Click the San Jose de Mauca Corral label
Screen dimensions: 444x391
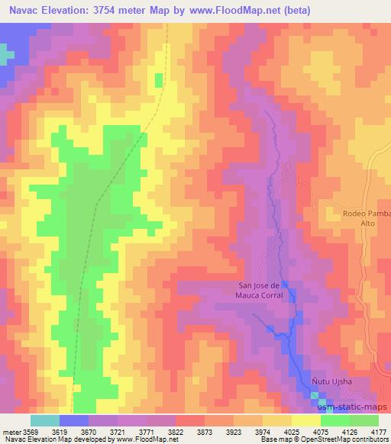[256, 291]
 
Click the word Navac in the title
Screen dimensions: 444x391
[24, 9]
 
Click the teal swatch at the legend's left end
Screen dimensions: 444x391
[44, 420]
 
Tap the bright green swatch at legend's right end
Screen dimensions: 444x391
[364, 420]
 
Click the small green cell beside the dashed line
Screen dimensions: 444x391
[159, 80]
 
